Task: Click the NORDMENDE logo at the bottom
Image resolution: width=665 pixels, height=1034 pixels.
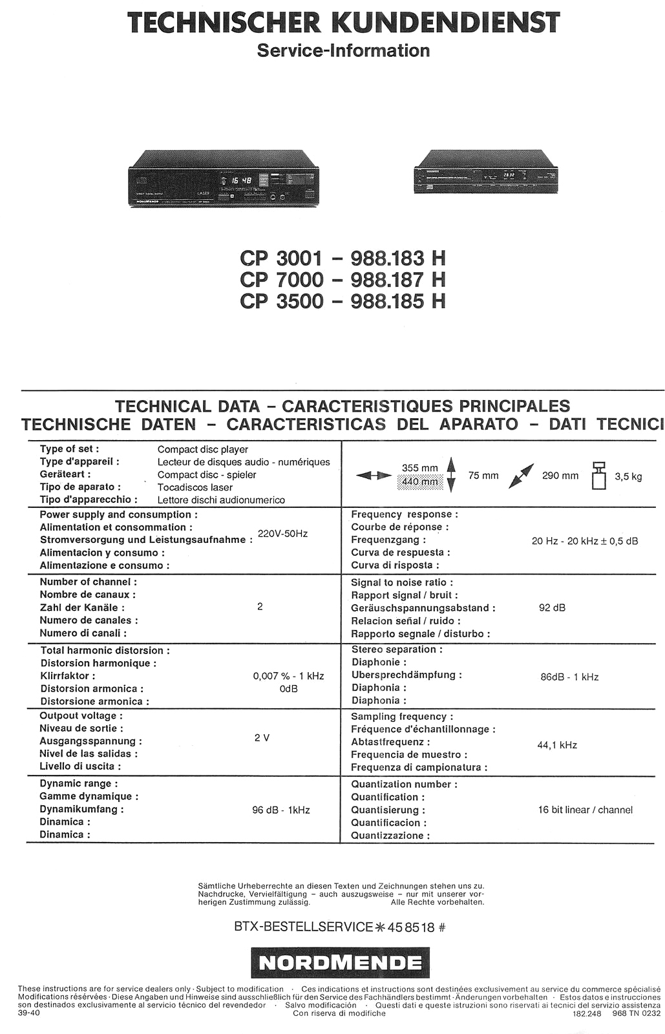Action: tap(340, 964)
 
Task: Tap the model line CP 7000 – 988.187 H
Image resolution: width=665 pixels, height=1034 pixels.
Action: tap(343, 280)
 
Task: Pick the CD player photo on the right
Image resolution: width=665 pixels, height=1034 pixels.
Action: tap(485, 171)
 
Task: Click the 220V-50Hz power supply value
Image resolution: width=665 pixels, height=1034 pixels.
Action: tap(282, 534)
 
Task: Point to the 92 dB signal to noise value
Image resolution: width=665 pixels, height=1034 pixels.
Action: tap(552, 607)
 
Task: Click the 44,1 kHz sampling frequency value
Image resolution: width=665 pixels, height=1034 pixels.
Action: tap(557, 745)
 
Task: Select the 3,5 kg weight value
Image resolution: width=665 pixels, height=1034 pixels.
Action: tap(628, 477)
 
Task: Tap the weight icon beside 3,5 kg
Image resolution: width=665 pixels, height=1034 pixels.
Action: tap(598, 476)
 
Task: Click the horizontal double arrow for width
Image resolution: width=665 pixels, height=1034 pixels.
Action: tap(374, 476)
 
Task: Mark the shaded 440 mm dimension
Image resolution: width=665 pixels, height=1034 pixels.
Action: tap(420, 481)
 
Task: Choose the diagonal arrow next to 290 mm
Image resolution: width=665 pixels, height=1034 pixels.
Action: tap(521, 476)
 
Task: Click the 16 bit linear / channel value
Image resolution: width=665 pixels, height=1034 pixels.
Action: tap(585, 810)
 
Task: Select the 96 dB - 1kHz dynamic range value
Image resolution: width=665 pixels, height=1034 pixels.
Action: tap(280, 810)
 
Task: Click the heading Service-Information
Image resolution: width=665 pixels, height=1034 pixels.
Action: tap(343, 50)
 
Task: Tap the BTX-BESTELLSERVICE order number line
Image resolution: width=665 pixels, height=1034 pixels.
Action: tap(340, 927)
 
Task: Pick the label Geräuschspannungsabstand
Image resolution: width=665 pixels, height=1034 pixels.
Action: tap(423, 608)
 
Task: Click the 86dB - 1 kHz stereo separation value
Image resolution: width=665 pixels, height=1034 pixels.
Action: tap(569, 677)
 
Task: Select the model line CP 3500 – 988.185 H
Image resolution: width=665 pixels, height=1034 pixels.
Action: tap(343, 301)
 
